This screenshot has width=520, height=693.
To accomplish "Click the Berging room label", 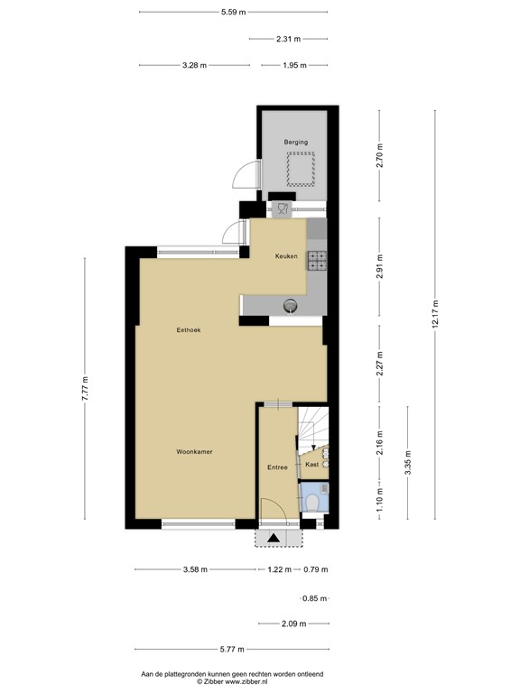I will pyautogui.click(x=296, y=142).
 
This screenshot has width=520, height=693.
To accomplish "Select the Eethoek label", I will pyautogui.click(x=189, y=330).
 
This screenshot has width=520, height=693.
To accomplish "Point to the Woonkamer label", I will pyautogui.click(x=194, y=451).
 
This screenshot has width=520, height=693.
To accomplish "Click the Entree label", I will pyautogui.click(x=277, y=467).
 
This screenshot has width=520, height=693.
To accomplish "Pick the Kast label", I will pyautogui.click(x=311, y=464).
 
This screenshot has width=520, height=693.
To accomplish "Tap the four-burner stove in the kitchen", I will pyautogui.click(x=317, y=260).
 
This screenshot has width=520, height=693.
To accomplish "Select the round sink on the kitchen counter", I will pyautogui.click(x=291, y=305).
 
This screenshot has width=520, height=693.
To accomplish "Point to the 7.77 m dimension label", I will pyautogui.click(x=85, y=388).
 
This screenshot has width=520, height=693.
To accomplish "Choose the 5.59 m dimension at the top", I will pyautogui.click(x=234, y=12).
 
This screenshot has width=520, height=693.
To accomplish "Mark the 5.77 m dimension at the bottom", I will pyautogui.click(x=234, y=649).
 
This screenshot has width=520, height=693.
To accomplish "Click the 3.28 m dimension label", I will pyautogui.click(x=194, y=65).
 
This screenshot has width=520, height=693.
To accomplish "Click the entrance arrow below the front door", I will pyautogui.click(x=269, y=539).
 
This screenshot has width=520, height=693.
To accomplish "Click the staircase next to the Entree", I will pyautogui.click(x=312, y=425).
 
